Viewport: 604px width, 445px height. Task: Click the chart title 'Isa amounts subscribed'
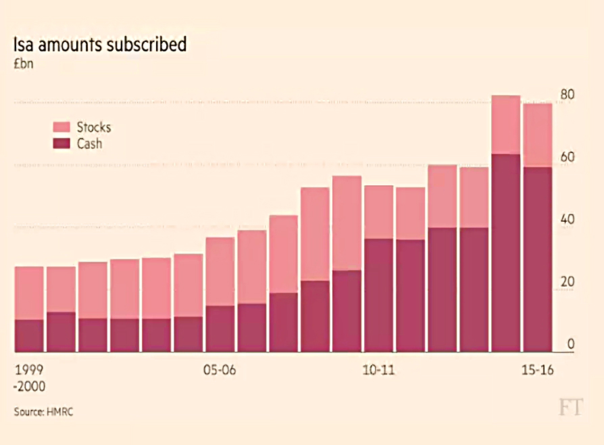click(100, 45)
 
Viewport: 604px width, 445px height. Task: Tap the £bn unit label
click(24, 64)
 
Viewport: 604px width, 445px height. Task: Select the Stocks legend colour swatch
click(61, 127)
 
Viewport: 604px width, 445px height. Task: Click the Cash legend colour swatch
click(61, 143)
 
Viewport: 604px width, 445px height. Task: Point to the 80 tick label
click(567, 95)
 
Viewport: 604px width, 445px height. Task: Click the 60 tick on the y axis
click(567, 157)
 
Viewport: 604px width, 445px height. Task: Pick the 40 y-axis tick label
click(567, 219)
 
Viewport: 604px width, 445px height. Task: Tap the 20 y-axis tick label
click(567, 282)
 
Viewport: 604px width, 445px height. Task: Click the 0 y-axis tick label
click(570, 344)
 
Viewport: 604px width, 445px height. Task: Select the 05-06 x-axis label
click(220, 370)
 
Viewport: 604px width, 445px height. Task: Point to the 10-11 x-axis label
click(378, 370)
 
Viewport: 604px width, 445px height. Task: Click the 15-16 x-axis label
click(537, 370)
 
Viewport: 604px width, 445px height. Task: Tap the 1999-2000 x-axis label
click(30, 378)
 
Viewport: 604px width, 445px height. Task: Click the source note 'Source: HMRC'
click(43, 412)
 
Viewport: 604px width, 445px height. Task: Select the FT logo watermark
click(571, 407)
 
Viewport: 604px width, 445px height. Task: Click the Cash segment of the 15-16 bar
click(537, 259)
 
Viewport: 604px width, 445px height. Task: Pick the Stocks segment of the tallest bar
click(506, 124)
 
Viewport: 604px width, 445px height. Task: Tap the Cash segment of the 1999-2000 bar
click(29, 335)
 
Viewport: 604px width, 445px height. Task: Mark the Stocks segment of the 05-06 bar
click(220, 271)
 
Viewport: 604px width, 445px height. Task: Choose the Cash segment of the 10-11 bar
click(378, 295)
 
